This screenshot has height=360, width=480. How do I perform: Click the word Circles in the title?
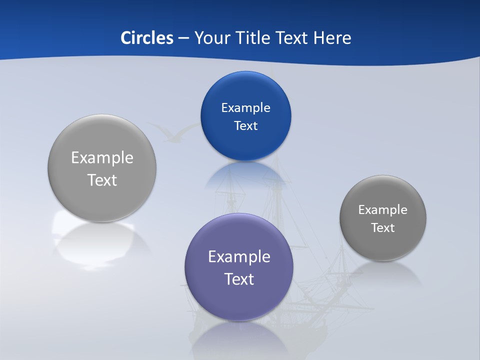[x=147, y=38]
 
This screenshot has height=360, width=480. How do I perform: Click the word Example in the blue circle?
[x=245, y=108]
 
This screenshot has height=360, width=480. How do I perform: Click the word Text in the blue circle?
[x=245, y=126]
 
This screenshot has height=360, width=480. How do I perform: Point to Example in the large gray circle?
[x=102, y=158]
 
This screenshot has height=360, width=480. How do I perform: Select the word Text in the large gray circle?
[x=102, y=180]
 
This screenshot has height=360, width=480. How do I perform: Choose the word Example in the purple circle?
[x=239, y=257]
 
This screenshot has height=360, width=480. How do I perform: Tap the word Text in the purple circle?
[x=239, y=279]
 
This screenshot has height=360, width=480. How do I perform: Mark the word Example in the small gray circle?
[x=383, y=210]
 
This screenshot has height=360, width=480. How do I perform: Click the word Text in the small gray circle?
[x=383, y=228]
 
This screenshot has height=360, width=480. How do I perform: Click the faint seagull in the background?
[x=172, y=132]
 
